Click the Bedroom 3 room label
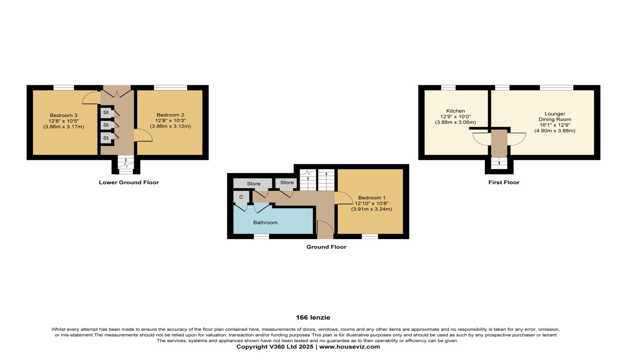pyautogui.click(x=63, y=115)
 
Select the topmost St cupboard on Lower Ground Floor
pyautogui.click(x=106, y=112)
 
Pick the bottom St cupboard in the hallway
pyautogui.click(x=106, y=138)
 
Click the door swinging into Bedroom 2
pyautogui.click(x=143, y=135)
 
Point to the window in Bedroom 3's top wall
pyautogui.click(x=64, y=87)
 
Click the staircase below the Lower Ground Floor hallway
pyautogui.click(x=122, y=164)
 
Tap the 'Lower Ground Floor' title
pyautogui.click(x=129, y=183)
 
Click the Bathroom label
pyautogui.click(x=265, y=223)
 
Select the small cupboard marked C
pyautogui.click(x=241, y=197)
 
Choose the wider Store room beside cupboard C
pyautogui.click(x=253, y=184)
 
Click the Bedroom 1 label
pyautogui.click(x=371, y=198)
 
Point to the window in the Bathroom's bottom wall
pyautogui.click(x=261, y=237)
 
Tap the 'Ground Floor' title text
pyautogui.click(x=326, y=247)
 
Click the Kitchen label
pyautogui.click(x=456, y=111)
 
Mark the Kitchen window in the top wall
pyautogui.click(x=448, y=87)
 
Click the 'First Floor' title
pyautogui.click(x=503, y=183)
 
